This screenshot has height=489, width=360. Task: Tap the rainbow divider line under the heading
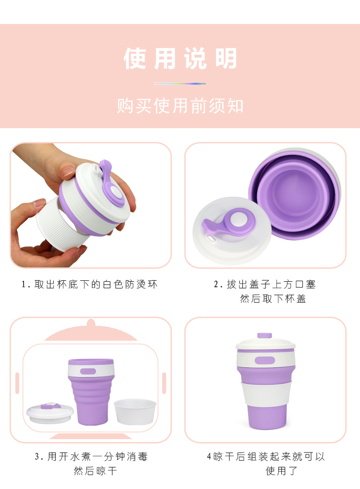(180, 83)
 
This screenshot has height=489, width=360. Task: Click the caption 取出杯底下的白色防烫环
(90, 285)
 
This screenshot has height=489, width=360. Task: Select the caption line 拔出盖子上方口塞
(265, 285)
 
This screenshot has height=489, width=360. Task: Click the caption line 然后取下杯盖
(273, 299)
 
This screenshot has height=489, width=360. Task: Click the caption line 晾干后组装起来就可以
(266, 456)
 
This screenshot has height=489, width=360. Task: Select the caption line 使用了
(282, 471)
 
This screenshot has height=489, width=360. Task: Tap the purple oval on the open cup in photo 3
(88, 371)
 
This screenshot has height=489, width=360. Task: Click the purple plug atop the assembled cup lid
(264, 335)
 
